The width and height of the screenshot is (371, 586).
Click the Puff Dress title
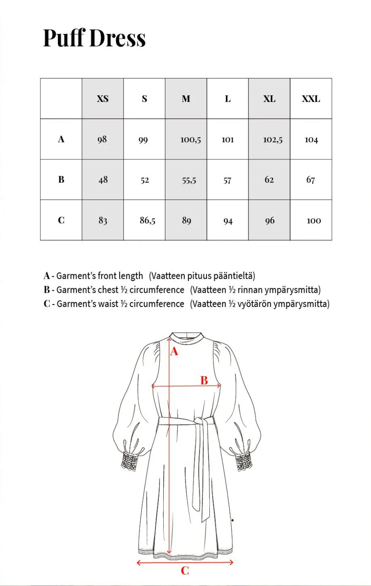pos(94,38)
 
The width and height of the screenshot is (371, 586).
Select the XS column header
pos(103,99)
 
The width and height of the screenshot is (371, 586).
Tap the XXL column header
pos(311,99)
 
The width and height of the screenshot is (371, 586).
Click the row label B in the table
pos(61,180)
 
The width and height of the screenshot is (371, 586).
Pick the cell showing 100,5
pos(190,140)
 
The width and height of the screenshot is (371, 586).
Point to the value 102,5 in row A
pos(273,140)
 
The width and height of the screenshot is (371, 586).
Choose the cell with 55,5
pos(189,180)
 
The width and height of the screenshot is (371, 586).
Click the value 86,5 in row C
pos(148,220)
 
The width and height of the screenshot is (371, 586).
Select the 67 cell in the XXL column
pos(310,180)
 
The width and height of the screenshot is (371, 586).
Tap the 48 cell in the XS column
pos(103,180)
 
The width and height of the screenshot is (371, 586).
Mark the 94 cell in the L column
pos(228,221)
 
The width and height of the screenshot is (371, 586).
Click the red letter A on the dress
pos(174,351)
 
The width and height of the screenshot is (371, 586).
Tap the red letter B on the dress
pos(204,380)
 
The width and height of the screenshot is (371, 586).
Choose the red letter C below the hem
pos(185,571)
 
